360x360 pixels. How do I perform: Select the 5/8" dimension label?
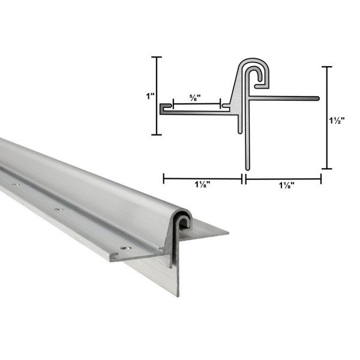[195, 96]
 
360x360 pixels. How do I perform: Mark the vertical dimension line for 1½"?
[327, 118]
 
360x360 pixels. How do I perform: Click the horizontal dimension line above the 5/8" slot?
[196, 104]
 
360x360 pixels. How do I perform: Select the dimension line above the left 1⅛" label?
[202, 178]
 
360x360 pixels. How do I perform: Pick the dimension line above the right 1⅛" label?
[283, 178]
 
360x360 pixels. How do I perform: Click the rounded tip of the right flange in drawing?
[315, 96]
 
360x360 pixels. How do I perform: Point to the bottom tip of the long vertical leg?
[247, 167]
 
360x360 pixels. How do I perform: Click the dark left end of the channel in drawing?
[163, 107]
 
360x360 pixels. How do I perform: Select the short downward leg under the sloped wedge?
[241, 123]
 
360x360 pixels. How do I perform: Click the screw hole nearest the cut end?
[124, 247]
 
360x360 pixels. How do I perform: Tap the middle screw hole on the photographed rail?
[58, 209]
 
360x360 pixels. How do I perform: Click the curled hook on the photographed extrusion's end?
[183, 223]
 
